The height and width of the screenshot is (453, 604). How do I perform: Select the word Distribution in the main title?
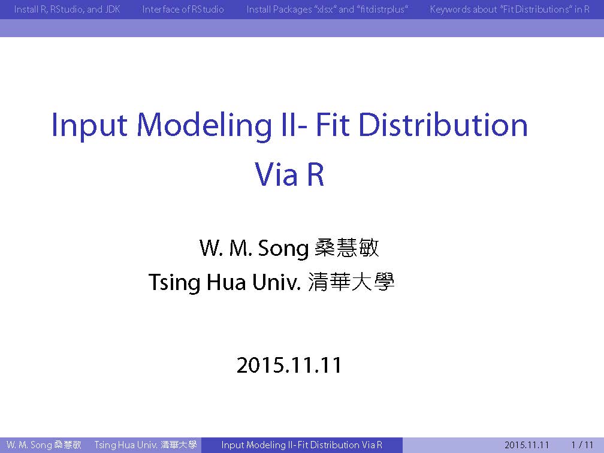tap(443, 125)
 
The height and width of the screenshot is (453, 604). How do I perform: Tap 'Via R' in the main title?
tap(289, 174)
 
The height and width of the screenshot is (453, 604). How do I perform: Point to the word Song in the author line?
tap(283, 249)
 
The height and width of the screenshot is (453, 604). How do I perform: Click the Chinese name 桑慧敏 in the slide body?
tap(347, 247)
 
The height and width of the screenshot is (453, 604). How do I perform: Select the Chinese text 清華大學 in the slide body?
tap(351, 282)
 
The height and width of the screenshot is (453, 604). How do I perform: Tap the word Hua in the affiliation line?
tap(226, 282)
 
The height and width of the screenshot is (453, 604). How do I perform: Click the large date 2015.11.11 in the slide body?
tap(289, 365)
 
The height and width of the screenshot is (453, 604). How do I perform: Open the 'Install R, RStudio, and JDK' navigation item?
tap(67, 9)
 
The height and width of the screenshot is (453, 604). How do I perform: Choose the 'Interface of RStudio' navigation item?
tap(183, 9)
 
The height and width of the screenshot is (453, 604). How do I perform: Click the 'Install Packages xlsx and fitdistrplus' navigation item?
tap(327, 9)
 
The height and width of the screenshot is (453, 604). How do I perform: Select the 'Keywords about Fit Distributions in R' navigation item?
tap(509, 9)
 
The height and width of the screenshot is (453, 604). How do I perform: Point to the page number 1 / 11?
tap(582, 445)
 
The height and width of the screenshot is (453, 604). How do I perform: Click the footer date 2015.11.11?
tap(527, 445)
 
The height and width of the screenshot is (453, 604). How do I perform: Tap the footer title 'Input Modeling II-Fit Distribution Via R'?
tap(302, 445)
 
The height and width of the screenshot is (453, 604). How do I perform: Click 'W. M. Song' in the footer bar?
tap(29, 445)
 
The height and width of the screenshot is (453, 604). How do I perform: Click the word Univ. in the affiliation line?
tap(276, 282)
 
